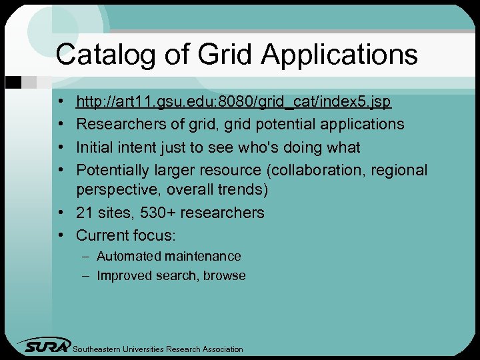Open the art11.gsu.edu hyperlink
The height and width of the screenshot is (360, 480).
(x=233, y=102)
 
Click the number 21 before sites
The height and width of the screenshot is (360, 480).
(x=84, y=213)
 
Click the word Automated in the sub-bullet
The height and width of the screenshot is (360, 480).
(x=129, y=256)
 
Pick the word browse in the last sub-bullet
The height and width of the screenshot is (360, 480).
(x=225, y=275)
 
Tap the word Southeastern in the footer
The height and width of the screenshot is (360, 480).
(x=101, y=349)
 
